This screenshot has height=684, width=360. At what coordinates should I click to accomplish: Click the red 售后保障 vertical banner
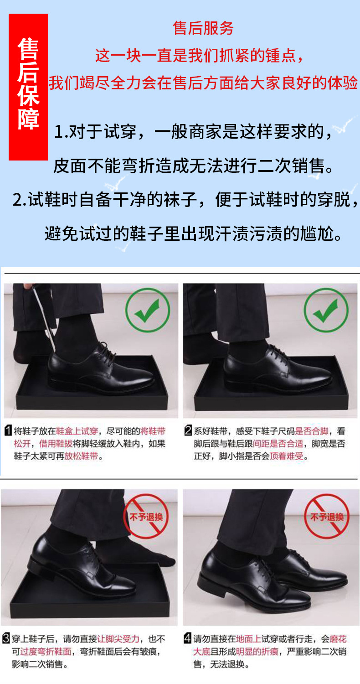click(x=28, y=87)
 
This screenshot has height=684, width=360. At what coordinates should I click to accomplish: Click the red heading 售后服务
click(x=203, y=28)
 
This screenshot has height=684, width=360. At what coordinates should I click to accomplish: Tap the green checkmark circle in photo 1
click(x=148, y=310)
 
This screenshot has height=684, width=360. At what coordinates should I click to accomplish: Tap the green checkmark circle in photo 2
click(x=326, y=310)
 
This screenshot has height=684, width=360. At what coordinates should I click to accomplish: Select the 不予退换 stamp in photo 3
click(x=146, y=516)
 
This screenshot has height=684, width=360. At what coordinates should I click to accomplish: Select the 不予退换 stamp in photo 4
click(x=327, y=516)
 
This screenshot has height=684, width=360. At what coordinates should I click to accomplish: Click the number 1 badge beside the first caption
click(x=9, y=431)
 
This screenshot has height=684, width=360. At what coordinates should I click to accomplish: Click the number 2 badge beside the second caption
click(x=188, y=431)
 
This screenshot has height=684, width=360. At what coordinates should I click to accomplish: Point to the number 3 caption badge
click(x=6, y=638)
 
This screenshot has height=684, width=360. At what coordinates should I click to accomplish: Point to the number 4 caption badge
click(x=188, y=638)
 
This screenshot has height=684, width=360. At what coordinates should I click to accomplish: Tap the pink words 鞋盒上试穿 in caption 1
click(x=77, y=431)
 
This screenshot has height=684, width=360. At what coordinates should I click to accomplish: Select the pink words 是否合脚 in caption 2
click(x=312, y=431)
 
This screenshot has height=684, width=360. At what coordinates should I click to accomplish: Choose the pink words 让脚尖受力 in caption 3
click(x=118, y=639)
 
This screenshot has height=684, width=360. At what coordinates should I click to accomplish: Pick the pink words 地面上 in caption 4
click(x=248, y=639)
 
